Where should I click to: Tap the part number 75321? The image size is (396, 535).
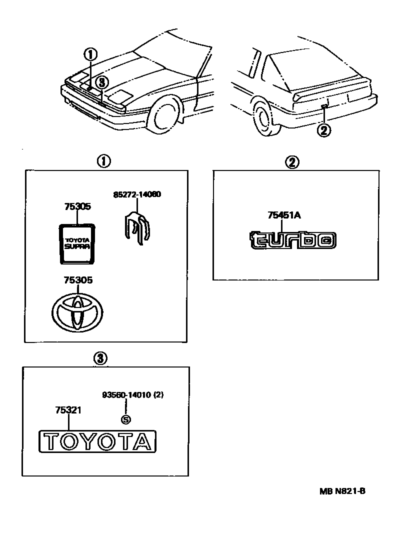(68, 410)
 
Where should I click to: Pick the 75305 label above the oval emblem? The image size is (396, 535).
(77, 280)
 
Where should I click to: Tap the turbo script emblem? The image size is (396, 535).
(293, 240)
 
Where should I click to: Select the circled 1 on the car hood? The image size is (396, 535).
(90, 53)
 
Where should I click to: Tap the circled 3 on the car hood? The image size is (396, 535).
(101, 81)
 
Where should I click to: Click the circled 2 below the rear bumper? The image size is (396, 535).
(324, 131)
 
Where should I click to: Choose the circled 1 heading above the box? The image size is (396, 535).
(103, 161)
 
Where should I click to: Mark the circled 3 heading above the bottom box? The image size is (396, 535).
(100, 358)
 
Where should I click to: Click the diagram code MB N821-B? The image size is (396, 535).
(342, 491)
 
